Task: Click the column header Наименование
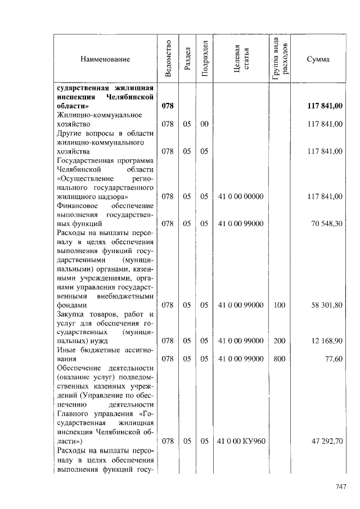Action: (x=105, y=59)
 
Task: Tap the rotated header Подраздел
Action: (x=204, y=59)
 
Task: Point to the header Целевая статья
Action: (x=240, y=59)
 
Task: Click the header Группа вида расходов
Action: (x=280, y=59)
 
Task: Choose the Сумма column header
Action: (x=318, y=59)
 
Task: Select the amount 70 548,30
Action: (x=327, y=223)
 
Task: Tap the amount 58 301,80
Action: (x=327, y=305)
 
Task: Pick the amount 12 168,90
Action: (x=327, y=341)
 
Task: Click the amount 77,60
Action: (x=334, y=359)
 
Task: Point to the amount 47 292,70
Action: (x=327, y=441)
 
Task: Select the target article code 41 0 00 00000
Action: (x=240, y=196)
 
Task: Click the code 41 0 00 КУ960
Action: (x=240, y=441)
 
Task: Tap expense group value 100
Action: (x=280, y=305)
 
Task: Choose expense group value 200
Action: (x=280, y=341)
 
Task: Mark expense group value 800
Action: (x=280, y=359)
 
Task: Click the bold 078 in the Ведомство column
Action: (x=167, y=106)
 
